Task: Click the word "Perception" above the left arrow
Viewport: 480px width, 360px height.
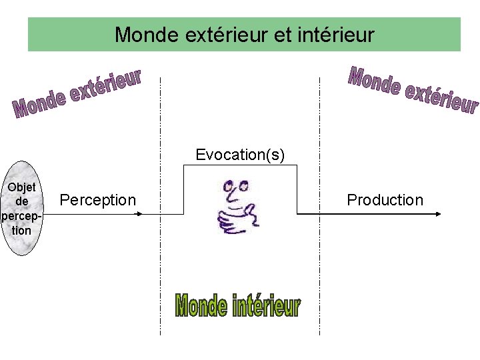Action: (x=97, y=200)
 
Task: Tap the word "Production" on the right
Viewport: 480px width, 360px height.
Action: (x=385, y=200)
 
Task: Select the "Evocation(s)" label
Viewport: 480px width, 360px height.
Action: (x=240, y=155)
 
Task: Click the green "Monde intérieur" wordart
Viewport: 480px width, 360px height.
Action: (x=237, y=306)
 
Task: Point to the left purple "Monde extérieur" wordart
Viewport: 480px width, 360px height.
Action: (x=77, y=94)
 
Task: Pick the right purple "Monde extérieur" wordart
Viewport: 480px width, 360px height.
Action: (x=413, y=90)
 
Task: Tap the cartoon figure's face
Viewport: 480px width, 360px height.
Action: (x=235, y=190)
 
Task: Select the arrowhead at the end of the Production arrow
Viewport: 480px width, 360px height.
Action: (x=438, y=214)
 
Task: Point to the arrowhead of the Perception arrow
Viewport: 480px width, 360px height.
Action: (x=139, y=214)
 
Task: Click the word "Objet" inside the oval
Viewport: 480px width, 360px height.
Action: (x=22, y=187)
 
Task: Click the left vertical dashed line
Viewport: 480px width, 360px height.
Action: (x=160, y=267)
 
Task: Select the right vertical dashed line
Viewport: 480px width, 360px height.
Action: (x=320, y=267)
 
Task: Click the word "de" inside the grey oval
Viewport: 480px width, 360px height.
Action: (x=22, y=201)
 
